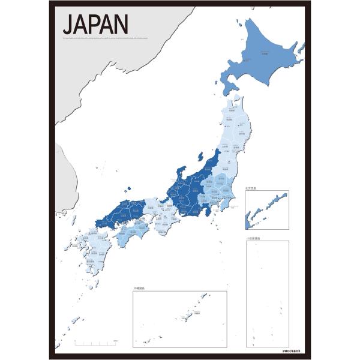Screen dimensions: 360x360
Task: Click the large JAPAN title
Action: (95, 25)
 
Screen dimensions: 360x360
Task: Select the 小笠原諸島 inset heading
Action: (253, 238)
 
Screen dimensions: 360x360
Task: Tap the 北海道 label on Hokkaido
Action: (264, 54)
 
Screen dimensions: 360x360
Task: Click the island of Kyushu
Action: (92, 249)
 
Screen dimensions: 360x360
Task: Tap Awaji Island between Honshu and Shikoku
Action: (151, 223)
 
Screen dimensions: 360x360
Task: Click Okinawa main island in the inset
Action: (194, 314)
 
